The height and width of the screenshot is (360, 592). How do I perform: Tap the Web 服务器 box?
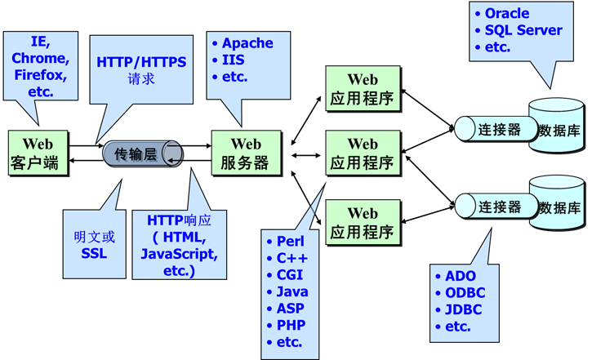245,153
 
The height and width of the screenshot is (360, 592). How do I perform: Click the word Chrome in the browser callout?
41,57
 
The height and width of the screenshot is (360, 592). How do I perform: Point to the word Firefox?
41,75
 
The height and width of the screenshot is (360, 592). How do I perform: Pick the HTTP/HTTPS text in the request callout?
141,62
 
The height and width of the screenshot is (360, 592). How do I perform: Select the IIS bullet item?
233,60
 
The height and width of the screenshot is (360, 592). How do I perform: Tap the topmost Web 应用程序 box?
363,89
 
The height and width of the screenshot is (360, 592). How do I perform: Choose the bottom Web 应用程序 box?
363,222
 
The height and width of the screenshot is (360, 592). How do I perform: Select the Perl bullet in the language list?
290,241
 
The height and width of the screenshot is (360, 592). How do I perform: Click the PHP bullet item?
291,325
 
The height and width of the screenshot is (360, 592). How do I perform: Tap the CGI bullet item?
291,274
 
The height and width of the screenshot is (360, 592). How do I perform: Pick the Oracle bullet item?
506,13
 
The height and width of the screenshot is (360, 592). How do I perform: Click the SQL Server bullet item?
523,30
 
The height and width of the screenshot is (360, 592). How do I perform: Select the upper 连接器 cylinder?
494,129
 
